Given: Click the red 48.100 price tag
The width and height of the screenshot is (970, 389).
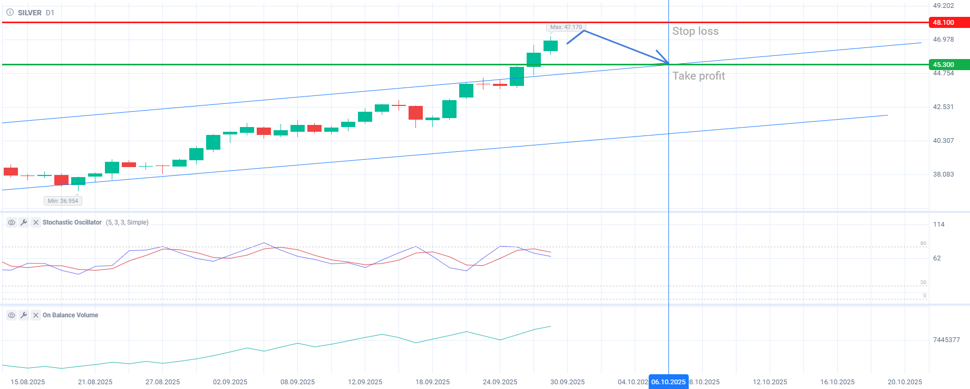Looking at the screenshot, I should (948, 23).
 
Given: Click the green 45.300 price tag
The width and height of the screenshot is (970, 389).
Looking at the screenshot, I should (948, 65).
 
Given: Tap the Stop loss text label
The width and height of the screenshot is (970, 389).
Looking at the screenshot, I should (695, 31).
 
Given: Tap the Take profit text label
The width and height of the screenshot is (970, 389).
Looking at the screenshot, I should (699, 76).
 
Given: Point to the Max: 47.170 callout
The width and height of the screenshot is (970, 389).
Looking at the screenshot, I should (566, 27).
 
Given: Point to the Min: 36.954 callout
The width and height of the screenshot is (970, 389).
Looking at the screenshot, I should (63, 201).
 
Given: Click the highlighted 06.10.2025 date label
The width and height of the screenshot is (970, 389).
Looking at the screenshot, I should (668, 382).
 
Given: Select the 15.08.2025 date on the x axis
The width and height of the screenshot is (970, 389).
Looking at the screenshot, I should (27, 382).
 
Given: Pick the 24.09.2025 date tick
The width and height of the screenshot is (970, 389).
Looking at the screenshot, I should (500, 382).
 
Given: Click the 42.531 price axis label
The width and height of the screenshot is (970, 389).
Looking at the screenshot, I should (943, 107).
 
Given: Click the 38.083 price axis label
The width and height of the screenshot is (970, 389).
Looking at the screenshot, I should (943, 174).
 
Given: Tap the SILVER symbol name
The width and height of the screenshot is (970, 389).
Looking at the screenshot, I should (30, 13).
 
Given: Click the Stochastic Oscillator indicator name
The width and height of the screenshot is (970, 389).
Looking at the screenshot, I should (72, 222).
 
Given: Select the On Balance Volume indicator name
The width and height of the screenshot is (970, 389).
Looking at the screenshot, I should (70, 315).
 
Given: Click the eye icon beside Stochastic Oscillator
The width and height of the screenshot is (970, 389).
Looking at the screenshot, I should (12, 222).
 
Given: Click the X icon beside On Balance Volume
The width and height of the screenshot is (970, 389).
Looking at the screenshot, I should (36, 315).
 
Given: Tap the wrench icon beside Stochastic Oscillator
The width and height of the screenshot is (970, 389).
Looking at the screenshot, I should (24, 222).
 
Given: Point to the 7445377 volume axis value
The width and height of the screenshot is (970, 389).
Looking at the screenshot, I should (946, 340).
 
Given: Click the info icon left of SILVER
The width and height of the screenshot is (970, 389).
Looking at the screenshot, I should (10, 13).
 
